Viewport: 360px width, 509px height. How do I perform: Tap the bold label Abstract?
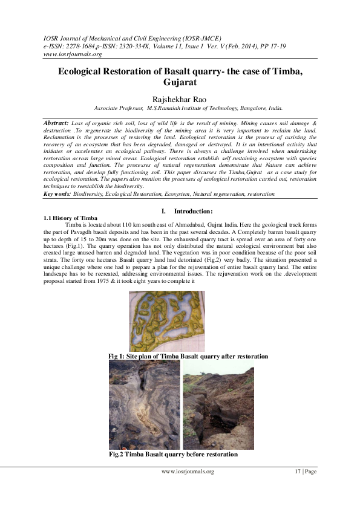point(57,123)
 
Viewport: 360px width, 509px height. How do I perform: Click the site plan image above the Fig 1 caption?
point(167,321)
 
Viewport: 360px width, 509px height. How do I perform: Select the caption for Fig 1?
point(188,357)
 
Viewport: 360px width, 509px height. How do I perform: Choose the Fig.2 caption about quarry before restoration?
point(173,453)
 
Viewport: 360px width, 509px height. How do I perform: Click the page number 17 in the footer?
point(298,472)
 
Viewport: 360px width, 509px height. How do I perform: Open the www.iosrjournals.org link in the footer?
point(187,472)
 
